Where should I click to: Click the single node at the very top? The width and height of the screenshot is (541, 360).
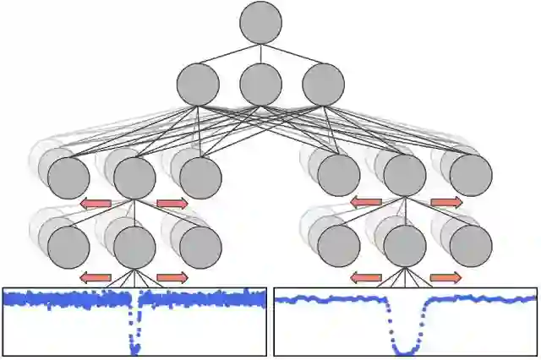(260, 22)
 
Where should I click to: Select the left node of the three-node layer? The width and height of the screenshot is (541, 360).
(198, 85)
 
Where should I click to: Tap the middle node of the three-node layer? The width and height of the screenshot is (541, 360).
(260, 85)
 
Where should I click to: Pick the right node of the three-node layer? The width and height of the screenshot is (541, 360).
(323, 85)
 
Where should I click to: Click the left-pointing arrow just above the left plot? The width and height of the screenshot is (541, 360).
(96, 277)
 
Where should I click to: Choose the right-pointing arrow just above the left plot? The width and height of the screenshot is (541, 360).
(172, 277)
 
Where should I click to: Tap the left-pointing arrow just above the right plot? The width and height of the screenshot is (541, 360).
(366, 277)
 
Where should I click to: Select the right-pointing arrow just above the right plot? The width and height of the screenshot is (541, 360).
(445, 277)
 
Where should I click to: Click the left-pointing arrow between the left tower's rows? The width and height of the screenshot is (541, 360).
(96, 203)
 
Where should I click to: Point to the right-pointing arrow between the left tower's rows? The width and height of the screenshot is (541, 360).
(172, 203)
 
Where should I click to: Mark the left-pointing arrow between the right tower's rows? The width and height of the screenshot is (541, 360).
(366, 202)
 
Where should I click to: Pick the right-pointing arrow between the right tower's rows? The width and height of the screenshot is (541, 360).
(445, 202)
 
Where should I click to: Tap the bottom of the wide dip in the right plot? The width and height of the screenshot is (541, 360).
(406, 350)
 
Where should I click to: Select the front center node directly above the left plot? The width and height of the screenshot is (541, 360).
(134, 247)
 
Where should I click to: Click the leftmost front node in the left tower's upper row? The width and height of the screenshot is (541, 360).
(68, 177)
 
